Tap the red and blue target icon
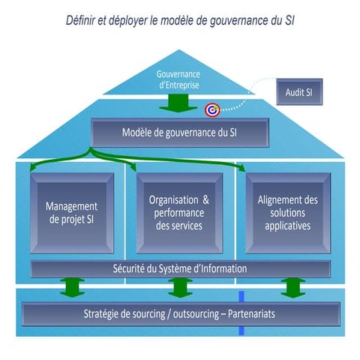click(212, 110)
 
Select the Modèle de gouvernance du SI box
click(179, 133)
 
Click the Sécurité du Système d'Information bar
click(179, 268)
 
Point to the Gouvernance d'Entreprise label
click(179, 80)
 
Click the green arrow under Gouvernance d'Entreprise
click(179, 103)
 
